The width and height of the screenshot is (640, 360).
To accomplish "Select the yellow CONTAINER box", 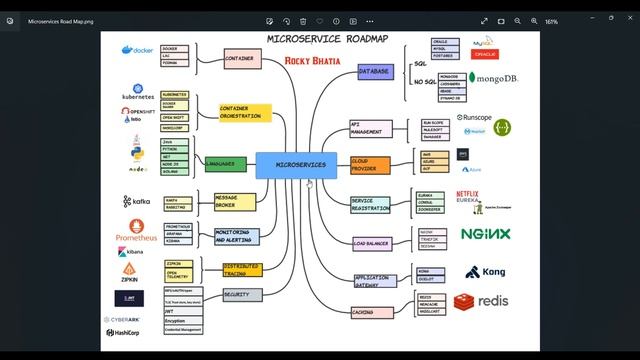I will pyautogui.click(x=238, y=59).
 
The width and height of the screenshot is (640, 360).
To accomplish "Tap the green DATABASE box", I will pyautogui.click(x=373, y=72).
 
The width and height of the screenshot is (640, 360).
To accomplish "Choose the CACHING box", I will pyautogui.click(x=365, y=312).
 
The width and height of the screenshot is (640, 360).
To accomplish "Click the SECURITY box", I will pyautogui.click(x=236, y=295).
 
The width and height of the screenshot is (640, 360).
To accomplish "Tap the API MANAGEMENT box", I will pyautogui.click(x=367, y=129).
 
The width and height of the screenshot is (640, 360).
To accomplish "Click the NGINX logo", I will pyautogui.click(x=485, y=234).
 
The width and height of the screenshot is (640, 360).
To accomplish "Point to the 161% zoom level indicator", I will pyautogui.click(x=580, y=21).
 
